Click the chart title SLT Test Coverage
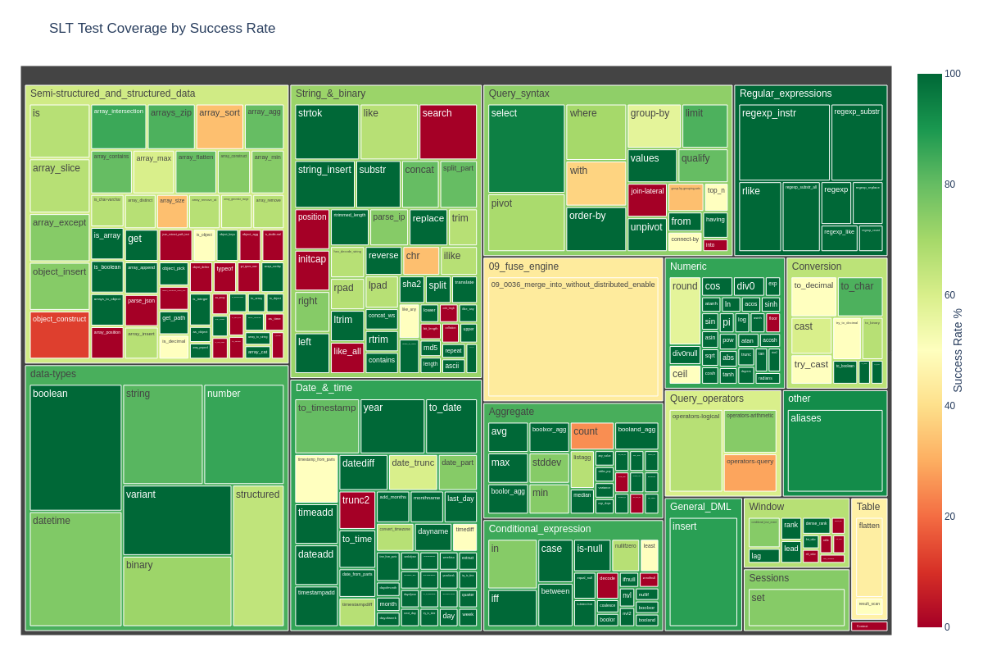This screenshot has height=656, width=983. pyautogui.click(x=162, y=29)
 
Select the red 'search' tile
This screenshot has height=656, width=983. pyautogui.click(x=448, y=132)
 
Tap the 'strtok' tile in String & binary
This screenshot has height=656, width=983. pyautogui.click(x=327, y=132)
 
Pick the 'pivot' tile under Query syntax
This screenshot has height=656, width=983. pyautogui.click(x=526, y=222)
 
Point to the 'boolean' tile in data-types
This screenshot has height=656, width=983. pyautogui.click(x=75, y=448)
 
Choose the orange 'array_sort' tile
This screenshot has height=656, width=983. pyautogui.click(x=220, y=126)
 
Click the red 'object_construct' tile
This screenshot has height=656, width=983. pyautogui.click(x=60, y=335)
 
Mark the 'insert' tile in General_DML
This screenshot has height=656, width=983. pyautogui.click(x=703, y=572)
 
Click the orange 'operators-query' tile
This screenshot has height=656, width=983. pyautogui.click(x=750, y=473)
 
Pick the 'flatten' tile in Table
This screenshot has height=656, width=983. pyautogui.click(x=869, y=558)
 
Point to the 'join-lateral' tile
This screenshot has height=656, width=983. pyautogui.click(x=647, y=200)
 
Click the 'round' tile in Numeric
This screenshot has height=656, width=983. pyautogui.click(x=685, y=311)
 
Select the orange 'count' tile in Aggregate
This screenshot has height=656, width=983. pyautogui.click(x=591, y=435)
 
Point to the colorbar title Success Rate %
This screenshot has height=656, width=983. pyautogui.click(x=958, y=350)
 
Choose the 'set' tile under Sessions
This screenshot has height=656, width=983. pyautogui.click(x=796, y=608)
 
